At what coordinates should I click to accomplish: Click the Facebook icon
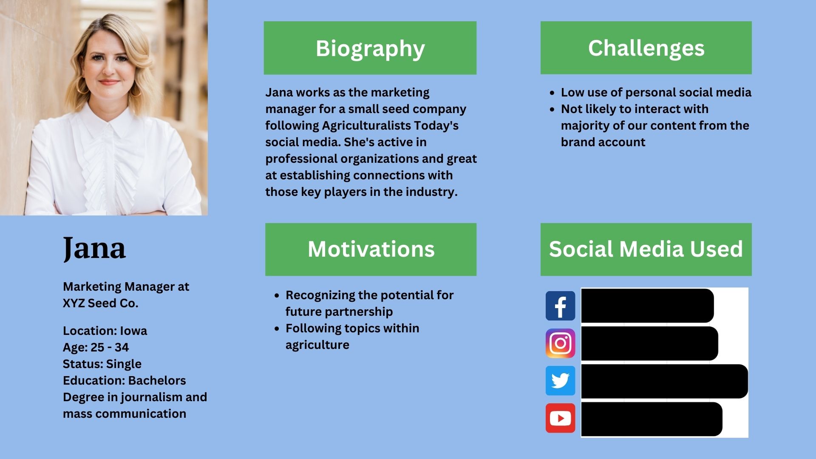(x=560, y=306)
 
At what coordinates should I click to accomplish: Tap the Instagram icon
(x=560, y=343)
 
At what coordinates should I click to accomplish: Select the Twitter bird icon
(x=560, y=380)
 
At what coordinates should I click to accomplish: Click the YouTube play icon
(x=560, y=418)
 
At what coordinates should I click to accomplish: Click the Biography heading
(x=370, y=48)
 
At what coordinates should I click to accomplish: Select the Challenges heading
(x=646, y=48)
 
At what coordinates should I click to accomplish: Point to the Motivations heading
(x=371, y=249)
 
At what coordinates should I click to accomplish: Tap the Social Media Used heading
(x=646, y=249)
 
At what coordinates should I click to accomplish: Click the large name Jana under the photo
(x=94, y=249)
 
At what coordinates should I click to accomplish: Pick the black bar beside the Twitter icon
(x=664, y=381)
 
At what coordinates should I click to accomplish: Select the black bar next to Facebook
(x=647, y=306)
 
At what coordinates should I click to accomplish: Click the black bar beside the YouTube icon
(x=652, y=419)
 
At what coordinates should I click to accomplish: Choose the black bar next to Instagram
(x=649, y=343)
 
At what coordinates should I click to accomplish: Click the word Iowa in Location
(x=133, y=331)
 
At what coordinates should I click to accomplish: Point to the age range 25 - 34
(x=110, y=347)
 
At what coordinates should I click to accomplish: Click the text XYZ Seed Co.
(x=101, y=303)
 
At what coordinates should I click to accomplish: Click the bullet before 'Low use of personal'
(x=552, y=93)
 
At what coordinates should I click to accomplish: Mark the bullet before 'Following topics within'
(x=277, y=329)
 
